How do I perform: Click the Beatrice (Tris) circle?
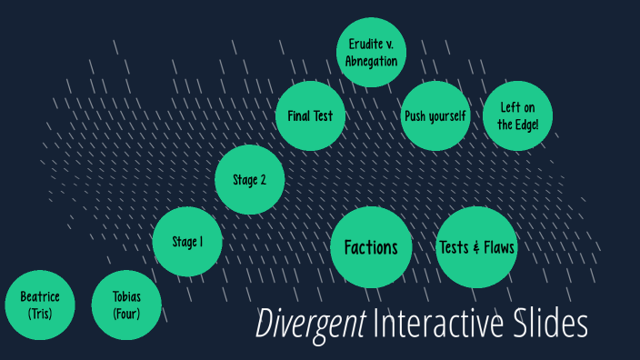(x=39, y=305)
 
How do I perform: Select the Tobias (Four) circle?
(x=126, y=305)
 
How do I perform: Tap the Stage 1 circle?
(x=187, y=242)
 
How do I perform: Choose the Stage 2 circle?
(x=250, y=179)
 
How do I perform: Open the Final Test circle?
(x=310, y=116)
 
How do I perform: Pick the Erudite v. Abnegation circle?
(x=371, y=53)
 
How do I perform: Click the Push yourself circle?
(x=435, y=116)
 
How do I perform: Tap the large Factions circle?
(x=371, y=247)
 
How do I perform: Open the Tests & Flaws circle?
(x=477, y=247)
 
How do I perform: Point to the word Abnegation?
(x=371, y=62)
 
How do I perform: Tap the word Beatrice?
(x=39, y=297)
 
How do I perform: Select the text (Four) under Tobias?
(x=126, y=315)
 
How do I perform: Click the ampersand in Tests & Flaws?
(x=476, y=247)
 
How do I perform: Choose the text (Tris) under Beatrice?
(x=39, y=315)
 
